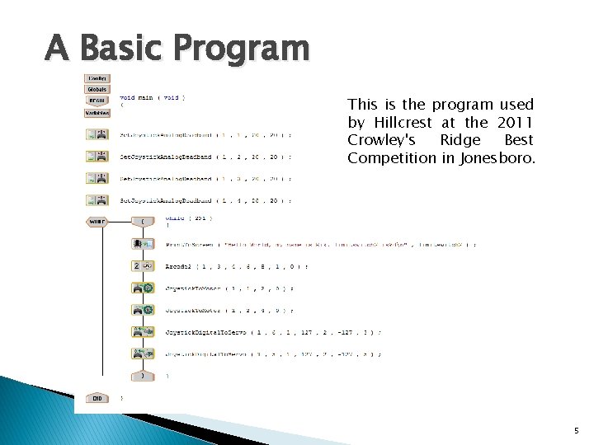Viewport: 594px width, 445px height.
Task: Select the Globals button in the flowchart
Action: click(x=97, y=89)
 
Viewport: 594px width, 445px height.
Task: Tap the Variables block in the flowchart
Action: click(x=97, y=112)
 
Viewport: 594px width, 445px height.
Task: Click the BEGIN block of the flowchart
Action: click(x=97, y=101)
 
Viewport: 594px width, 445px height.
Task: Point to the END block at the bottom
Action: click(x=97, y=398)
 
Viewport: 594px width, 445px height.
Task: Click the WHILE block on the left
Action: click(x=97, y=221)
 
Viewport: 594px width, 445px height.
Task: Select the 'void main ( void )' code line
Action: click(x=153, y=97)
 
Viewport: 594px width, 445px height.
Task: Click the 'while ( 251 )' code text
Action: click(x=189, y=218)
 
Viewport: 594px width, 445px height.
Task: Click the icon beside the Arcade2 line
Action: click(x=143, y=266)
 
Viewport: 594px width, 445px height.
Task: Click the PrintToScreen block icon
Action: click(x=143, y=244)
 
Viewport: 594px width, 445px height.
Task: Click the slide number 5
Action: click(x=576, y=430)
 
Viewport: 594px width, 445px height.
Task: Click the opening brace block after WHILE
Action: click(x=143, y=221)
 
